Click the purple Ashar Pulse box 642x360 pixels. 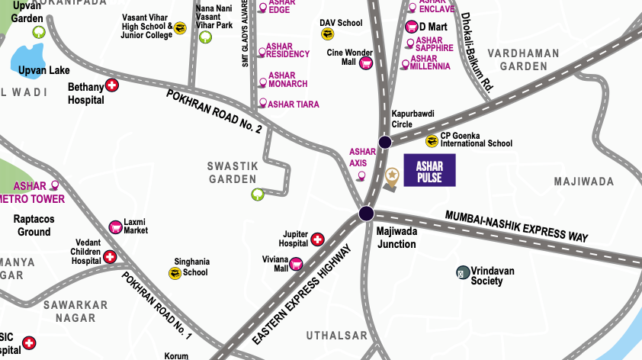pyautogui.click(x=429, y=171)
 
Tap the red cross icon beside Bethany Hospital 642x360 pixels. pyautogui.click(x=112, y=85)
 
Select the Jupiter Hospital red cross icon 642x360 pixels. pyautogui.click(x=318, y=240)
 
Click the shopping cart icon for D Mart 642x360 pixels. pyautogui.click(x=411, y=27)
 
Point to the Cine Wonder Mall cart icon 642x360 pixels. pyautogui.click(x=365, y=63)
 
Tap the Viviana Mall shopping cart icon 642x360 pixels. pyautogui.click(x=297, y=263)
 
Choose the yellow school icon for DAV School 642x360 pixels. pyautogui.click(x=328, y=34)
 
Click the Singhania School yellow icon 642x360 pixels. pyautogui.click(x=175, y=272)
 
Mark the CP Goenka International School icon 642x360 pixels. pyautogui.click(x=432, y=140)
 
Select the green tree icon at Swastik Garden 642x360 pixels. pyautogui.click(x=258, y=194)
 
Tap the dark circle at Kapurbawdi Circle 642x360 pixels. pyautogui.click(x=385, y=141)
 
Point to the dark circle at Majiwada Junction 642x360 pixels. pyautogui.click(x=368, y=213)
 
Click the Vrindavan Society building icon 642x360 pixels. pyautogui.click(x=462, y=272)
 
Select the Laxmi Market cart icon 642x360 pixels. pyautogui.click(x=115, y=226)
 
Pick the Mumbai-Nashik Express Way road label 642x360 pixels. pyautogui.click(x=516, y=227)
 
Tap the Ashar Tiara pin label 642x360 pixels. pyautogui.click(x=292, y=104)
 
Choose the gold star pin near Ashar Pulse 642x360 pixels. pyautogui.click(x=391, y=176)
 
